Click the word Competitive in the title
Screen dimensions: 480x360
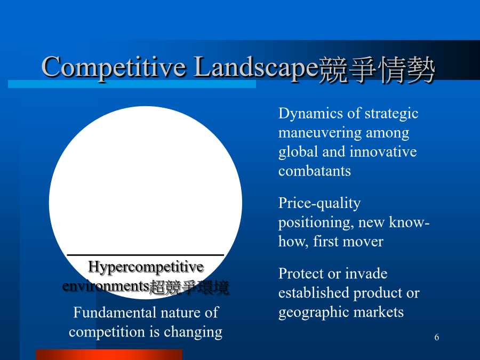[x=114, y=67]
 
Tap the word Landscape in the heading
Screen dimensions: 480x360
[x=256, y=67]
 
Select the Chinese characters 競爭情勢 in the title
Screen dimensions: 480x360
[x=377, y=69]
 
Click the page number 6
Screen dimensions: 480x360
[x=436, y=337]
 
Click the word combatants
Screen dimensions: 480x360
[x=314, y=171]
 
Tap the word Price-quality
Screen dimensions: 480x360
[x=319, y=204]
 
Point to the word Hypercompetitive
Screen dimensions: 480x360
[x=146, y=267]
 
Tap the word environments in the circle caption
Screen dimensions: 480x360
[x=106, y=286]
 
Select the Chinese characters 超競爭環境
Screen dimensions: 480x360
[x=189, y=287]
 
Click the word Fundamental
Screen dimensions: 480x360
[x=115, y=313]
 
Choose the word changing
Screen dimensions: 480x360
[x=193, y=332]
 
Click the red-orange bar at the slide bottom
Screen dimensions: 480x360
[x=109, y=355]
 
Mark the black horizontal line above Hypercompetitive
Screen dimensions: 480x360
[x=146, y=255]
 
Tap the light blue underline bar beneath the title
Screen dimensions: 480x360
[x=132, y=84]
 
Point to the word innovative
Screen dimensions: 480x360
[x=383, y=152]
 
